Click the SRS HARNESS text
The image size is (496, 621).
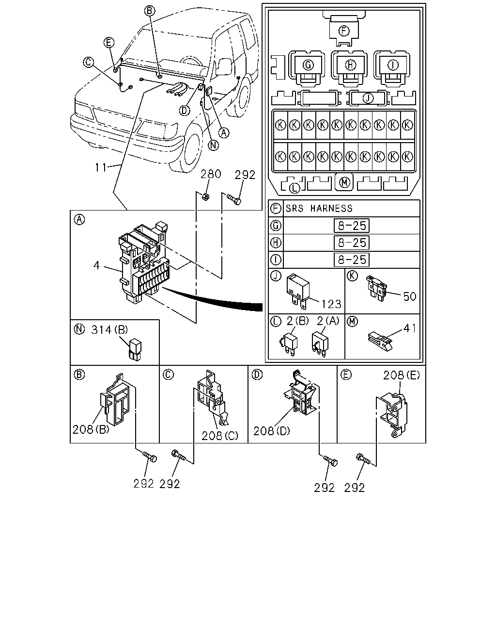click(x=319, y=208)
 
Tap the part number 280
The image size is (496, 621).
click(x=211, y=174)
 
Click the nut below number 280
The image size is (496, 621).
click(x=205, y=197)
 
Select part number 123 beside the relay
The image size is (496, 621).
click(x=331, y=304)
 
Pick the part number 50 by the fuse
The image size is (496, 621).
click(x=409, y=296)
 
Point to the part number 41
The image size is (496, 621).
click(x=409, y=328)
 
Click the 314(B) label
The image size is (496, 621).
click(x=109, y=329)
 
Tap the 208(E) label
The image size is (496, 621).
click(x=402, y=375)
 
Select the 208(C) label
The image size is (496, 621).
click(x=220, y=436)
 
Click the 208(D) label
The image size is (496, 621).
click(x=272, y=431)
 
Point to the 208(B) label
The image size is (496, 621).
click(x=91, y=430)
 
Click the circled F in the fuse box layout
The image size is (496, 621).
click(x=344, y=31)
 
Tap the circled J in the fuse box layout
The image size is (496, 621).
click(x=368, y=98)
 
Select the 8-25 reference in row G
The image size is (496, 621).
click(x=352, y=226)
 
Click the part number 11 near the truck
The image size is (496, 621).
click(x=101, y=167)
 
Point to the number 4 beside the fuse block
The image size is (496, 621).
click(x=96, y=265)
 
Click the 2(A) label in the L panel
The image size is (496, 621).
click(x=328, y=321)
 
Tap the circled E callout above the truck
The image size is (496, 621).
click(x=109, y=42)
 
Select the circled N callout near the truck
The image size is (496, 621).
click(x=213, y=145)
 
